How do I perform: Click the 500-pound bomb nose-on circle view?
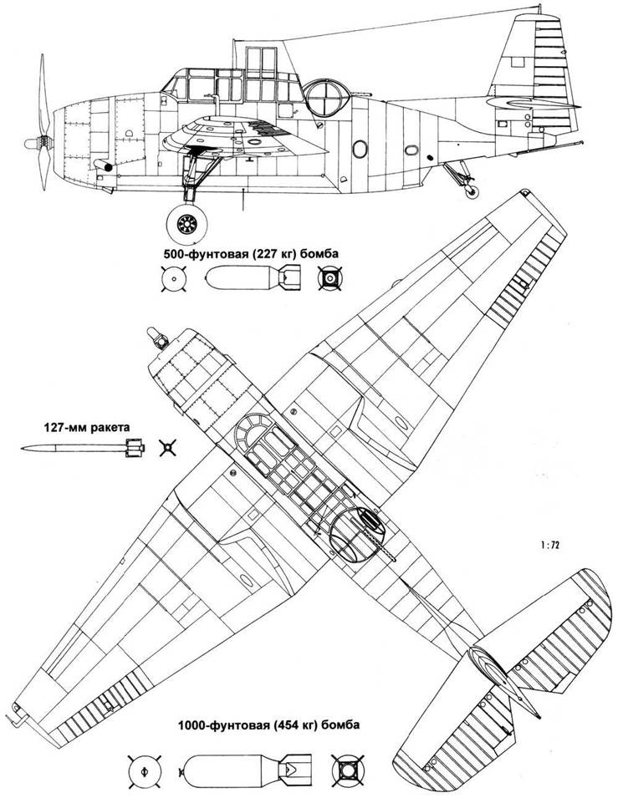tap(172, 277)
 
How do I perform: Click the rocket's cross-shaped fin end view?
tap(169, 449)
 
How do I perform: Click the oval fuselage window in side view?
tap(359, 148)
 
